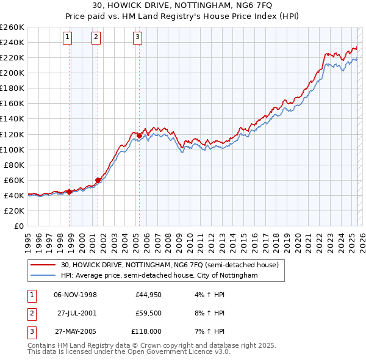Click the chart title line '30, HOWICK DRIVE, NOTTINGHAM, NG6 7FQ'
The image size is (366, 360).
(182, 7)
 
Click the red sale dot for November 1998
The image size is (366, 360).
(70, 192)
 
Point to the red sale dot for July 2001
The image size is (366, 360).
(98, 180)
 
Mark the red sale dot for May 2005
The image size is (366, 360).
(139, 135)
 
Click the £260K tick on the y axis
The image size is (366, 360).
(12, 27)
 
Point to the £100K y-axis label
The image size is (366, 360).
(12, 149)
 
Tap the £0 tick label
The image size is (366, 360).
(20, 226)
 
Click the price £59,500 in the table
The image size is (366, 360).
(148, 313)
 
